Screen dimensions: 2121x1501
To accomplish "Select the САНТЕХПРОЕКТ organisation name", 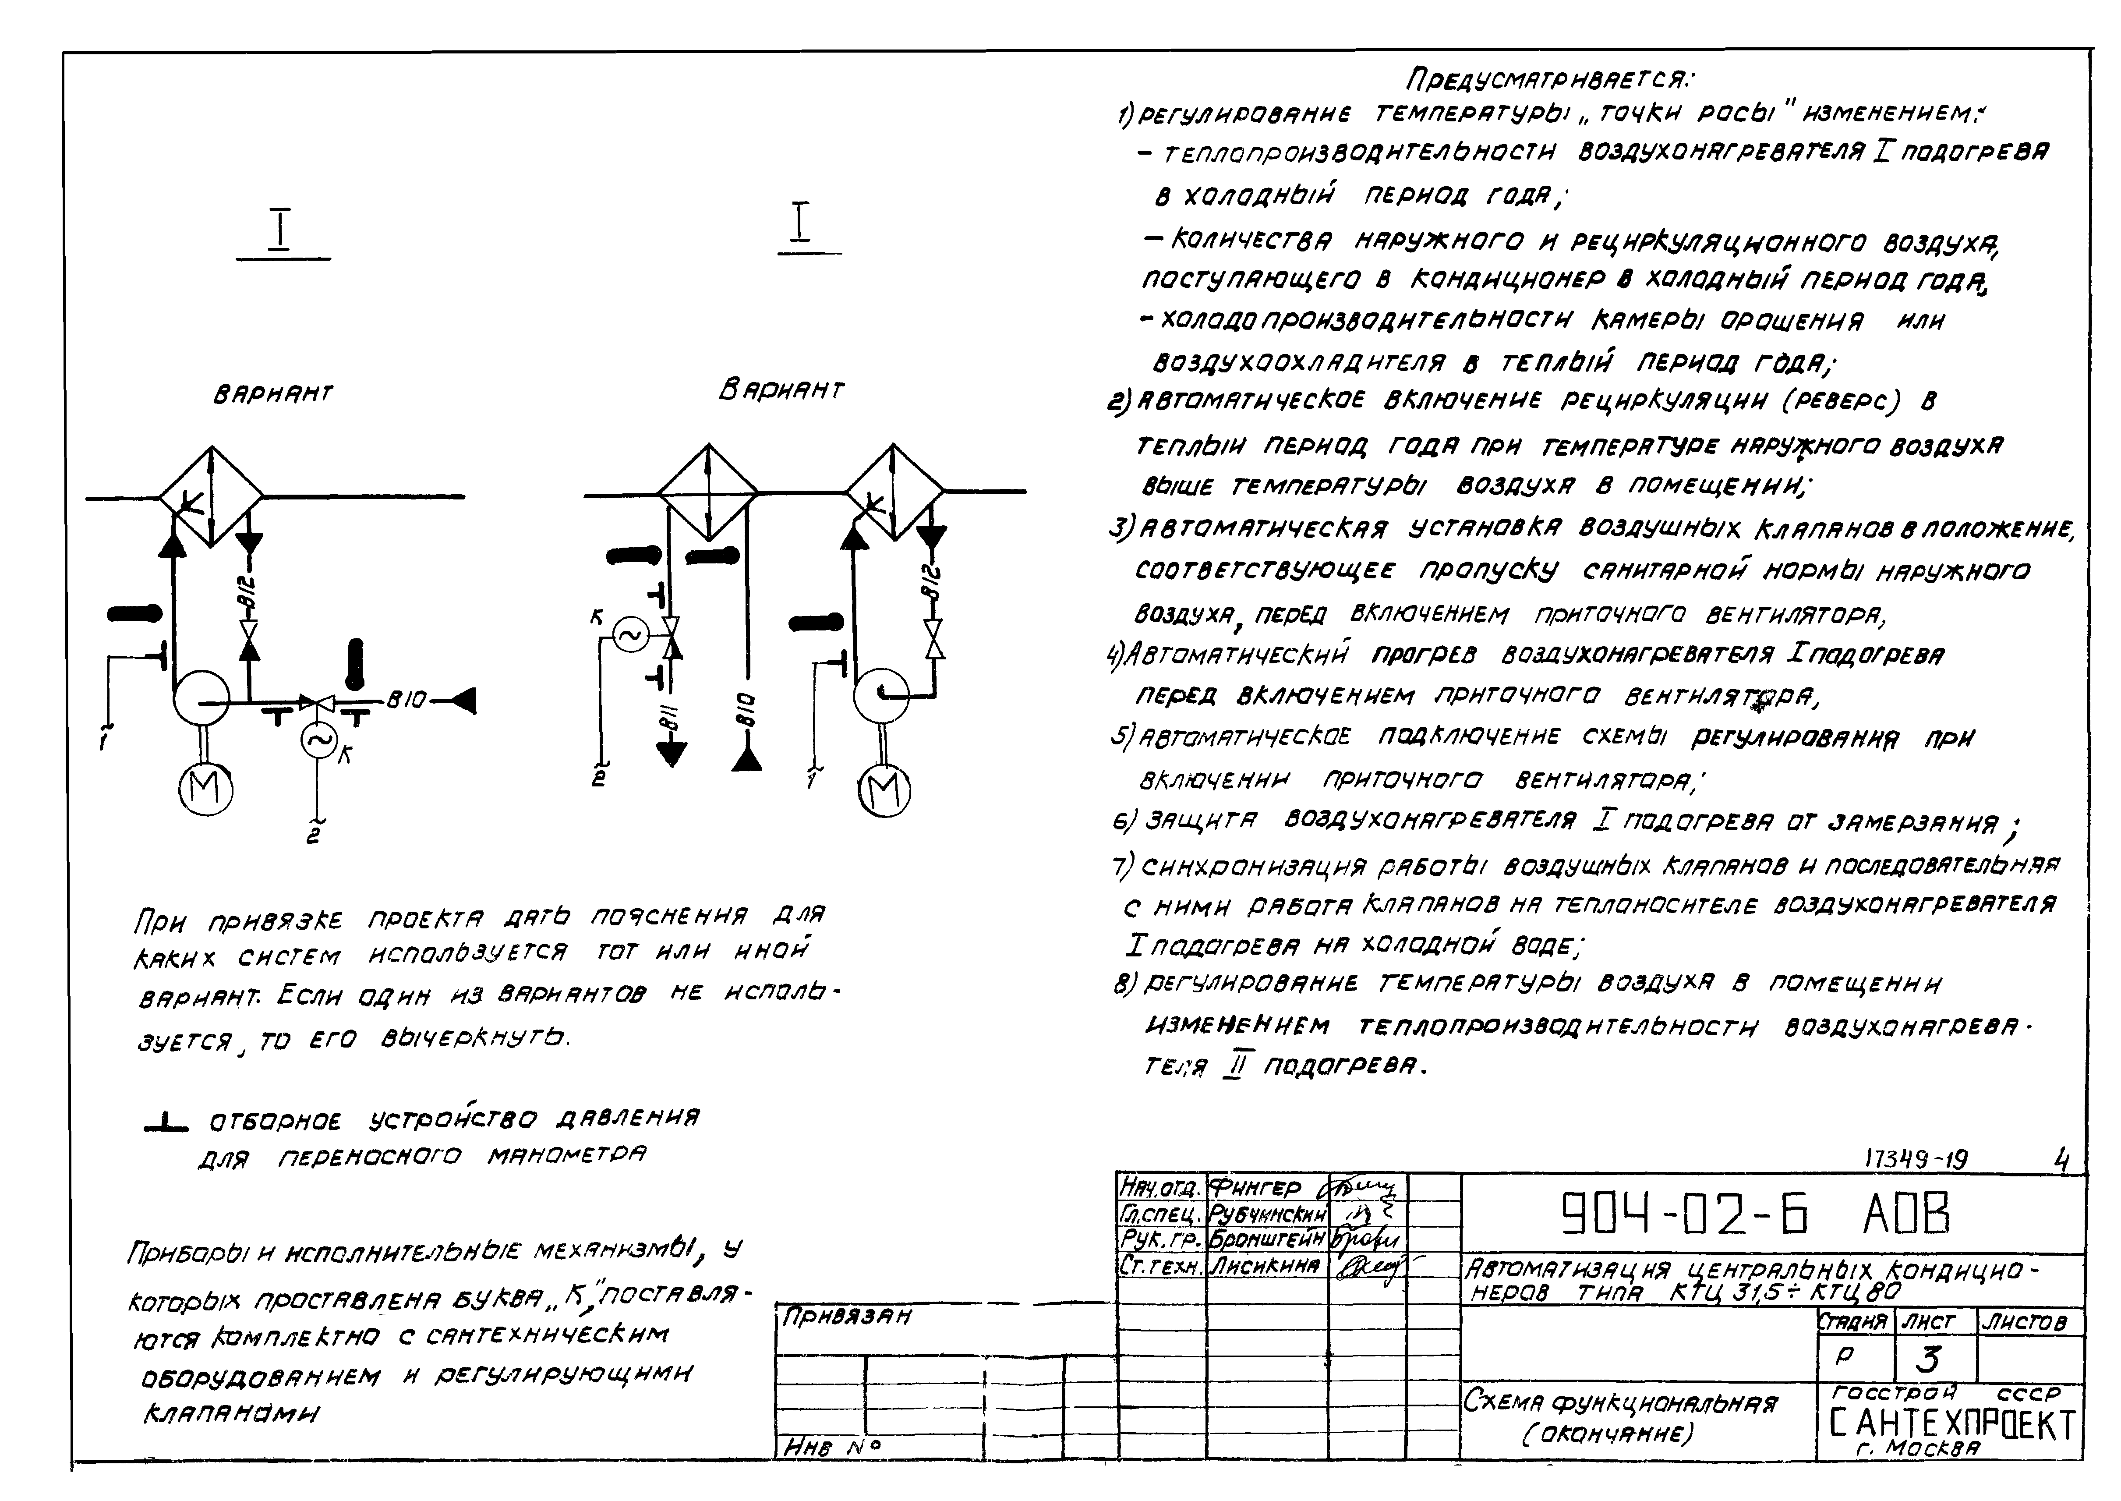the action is point(1952,1426).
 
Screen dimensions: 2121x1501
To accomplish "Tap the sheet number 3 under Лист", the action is point(1928,1359).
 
